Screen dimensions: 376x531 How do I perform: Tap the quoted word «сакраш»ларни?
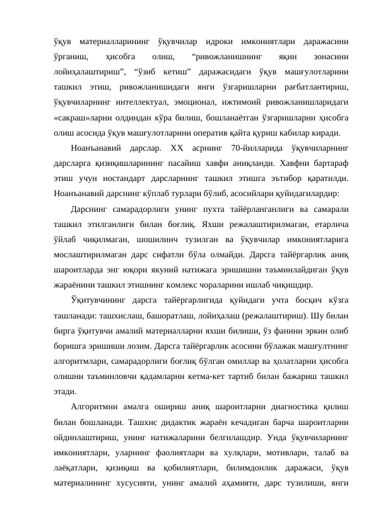click(x=76, y=117)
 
